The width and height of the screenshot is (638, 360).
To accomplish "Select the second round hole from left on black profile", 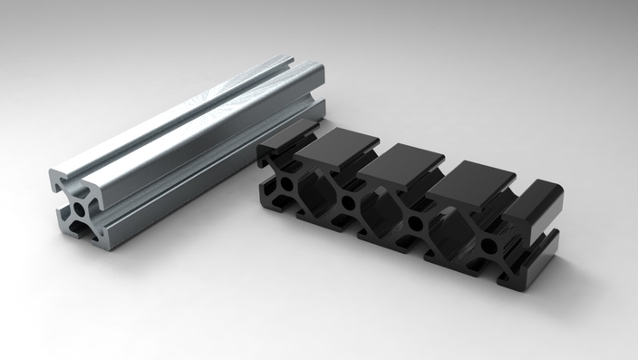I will (347, 201).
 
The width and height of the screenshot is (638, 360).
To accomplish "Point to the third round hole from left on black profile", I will (415, 222).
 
